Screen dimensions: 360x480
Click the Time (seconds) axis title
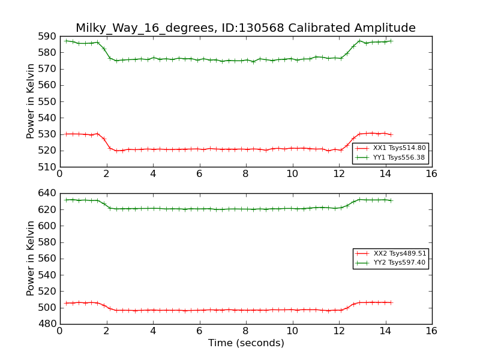click(x=246, y=343)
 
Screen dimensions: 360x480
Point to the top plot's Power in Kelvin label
click(x=31, y=101)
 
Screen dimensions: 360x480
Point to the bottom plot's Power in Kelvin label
click(x=31, y=259)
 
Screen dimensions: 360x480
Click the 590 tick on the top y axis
click(x=46, y=36)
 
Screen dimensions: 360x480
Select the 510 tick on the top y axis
click(x=46, y=167)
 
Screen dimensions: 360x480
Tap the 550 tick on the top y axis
click(x=46, y=101)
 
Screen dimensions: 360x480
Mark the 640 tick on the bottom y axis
click(x=46, y=193)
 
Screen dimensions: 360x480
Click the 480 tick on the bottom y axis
click(x=46, y=324)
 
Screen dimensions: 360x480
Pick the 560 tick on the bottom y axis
click(x=46, y=259)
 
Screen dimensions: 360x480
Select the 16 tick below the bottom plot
click(x=431, y=331)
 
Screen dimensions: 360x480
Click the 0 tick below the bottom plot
click(x=60, y=331)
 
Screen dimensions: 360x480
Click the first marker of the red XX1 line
click(x=66, y=134)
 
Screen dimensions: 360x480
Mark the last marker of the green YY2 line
click(x=391, y=200)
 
